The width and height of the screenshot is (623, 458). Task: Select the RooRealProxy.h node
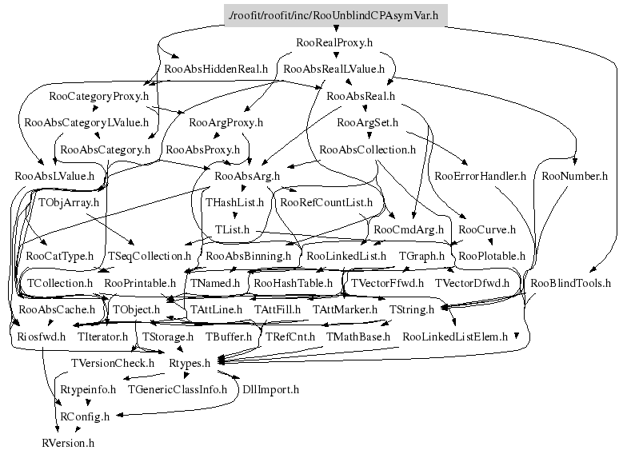(334, 41)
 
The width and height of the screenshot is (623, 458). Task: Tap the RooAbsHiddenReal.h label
(214, 69)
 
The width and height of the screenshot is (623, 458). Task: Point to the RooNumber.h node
(574, 175)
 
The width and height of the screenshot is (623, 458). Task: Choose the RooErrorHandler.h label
(480, 175)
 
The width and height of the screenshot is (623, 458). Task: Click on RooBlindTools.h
(570, 283)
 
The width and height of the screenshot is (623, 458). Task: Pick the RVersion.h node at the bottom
(68, 442)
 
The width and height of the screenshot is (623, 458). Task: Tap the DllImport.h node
(270, 389)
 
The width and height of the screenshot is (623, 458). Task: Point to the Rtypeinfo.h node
(88, 389)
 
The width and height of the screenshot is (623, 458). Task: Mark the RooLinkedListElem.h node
(455, 337)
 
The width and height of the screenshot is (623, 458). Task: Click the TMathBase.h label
(357, 337)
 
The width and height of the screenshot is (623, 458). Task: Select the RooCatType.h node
(60, 256)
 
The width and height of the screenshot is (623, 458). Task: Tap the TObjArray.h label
(68, 202)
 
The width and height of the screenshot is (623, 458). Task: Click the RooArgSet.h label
(368, 122)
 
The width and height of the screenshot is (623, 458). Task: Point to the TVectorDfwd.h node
(472, 283)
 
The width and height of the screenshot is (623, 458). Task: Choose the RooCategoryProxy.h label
(99, 96)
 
